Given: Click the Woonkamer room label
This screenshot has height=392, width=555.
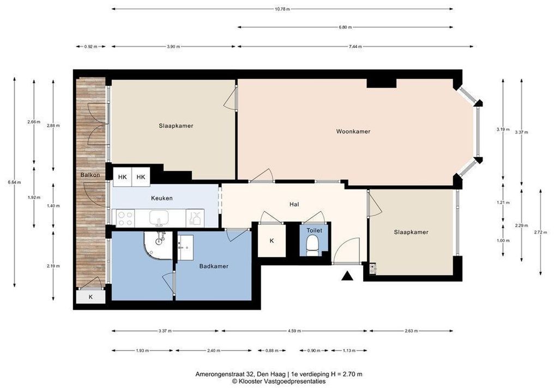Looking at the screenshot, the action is click(353, 132).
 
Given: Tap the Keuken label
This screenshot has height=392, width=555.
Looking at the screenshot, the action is click(162, 198).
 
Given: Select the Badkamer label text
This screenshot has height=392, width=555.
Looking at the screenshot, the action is click(214, 266).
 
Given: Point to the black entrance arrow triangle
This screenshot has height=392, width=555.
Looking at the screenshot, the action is click(348, 275).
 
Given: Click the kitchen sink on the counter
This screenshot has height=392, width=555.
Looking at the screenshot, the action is click(159, 218).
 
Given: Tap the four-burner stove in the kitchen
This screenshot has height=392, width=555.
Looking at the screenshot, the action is click(125, 218).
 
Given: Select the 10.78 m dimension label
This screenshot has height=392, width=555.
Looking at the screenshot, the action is click(282, 9).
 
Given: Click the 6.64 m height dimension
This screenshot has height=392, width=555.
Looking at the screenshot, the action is click(15, 182).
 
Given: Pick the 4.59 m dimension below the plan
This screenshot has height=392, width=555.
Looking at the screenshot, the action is click(294, 331).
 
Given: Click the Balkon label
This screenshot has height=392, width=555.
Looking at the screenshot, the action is click(90, 175).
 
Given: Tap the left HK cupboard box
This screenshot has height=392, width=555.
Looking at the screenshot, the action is click(123, 177).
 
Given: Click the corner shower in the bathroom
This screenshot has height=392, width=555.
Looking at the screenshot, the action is click(158, 246).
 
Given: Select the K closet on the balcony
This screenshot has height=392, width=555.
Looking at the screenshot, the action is click(91, 297).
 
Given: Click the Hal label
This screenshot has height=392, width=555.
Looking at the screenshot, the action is click(294, 204).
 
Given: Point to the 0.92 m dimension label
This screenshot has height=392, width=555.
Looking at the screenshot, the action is click(91, 46).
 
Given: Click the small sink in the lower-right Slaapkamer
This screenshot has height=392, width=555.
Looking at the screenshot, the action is click(372, 268).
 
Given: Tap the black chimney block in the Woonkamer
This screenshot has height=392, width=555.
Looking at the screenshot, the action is click(381, 83).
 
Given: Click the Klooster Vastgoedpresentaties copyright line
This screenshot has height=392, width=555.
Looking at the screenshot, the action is click(279, 382).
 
